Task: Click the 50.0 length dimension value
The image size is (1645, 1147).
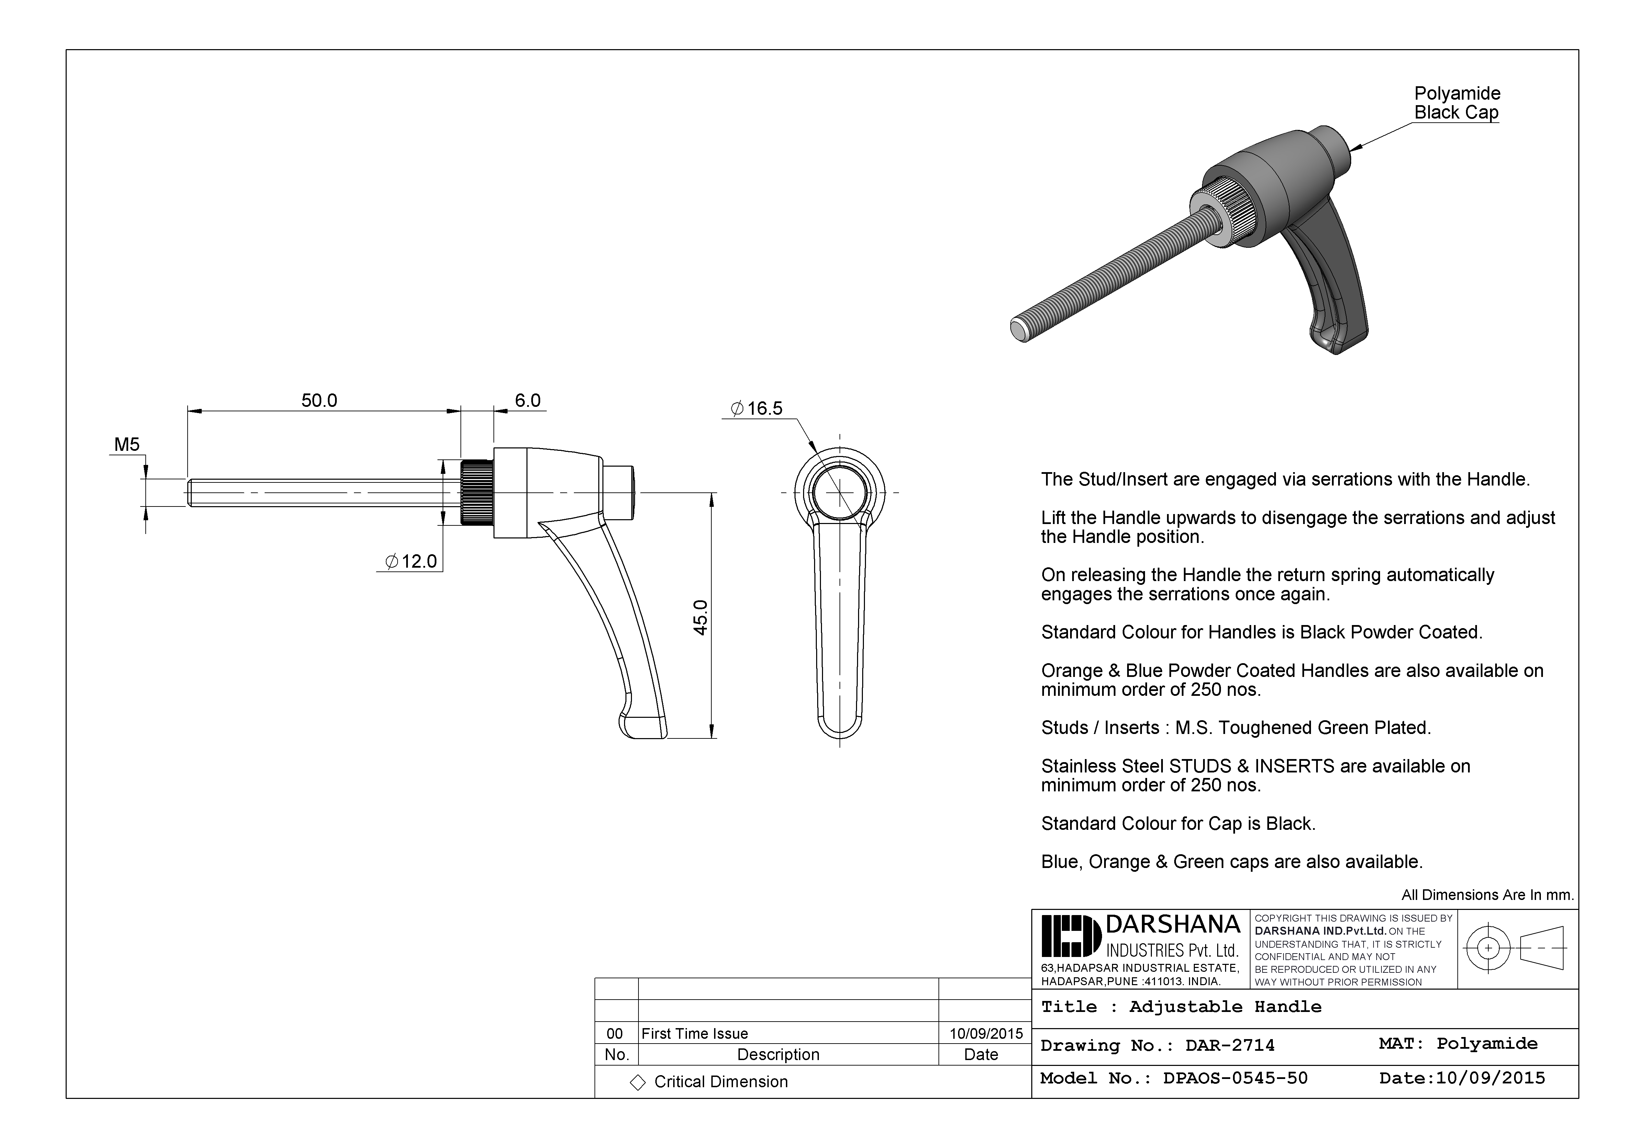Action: click(319, 400)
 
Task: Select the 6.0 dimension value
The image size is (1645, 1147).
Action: click(527, 400)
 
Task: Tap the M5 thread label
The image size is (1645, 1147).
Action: click(127, 445)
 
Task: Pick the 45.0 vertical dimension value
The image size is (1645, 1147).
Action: click(701, 617)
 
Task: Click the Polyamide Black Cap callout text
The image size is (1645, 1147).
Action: click(1457, 103)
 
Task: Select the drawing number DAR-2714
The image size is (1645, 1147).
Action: click(1230, 1045)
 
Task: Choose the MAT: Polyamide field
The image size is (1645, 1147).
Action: click(1458, 1044)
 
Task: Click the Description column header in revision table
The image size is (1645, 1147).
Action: click(778, 1055)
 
